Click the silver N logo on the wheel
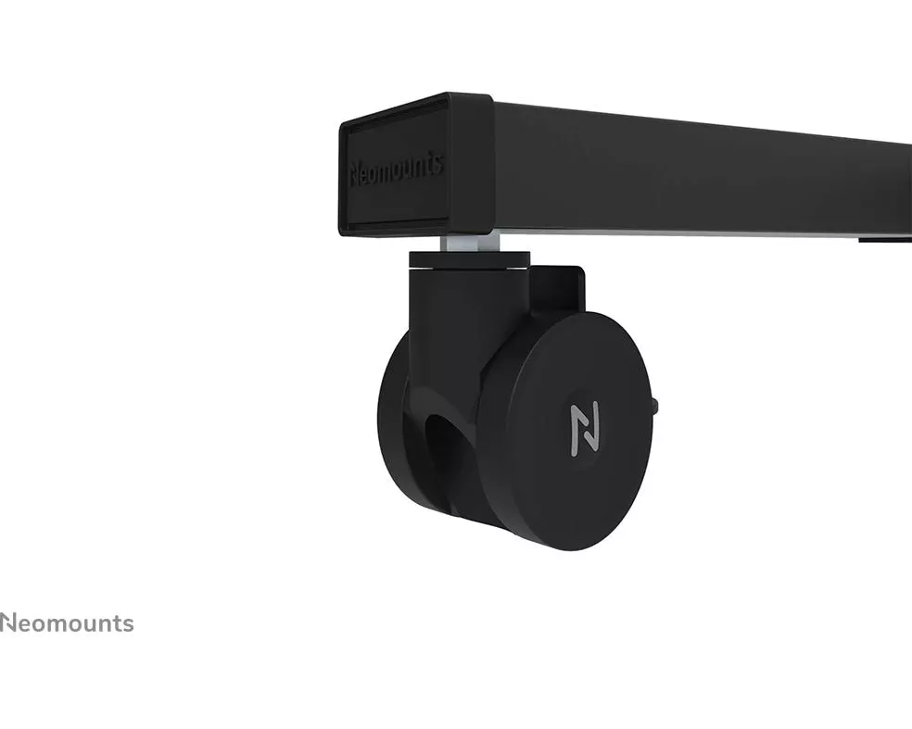584,429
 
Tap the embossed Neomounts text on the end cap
397,170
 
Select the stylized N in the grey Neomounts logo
9,622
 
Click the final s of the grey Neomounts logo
127,625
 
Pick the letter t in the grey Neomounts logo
115,623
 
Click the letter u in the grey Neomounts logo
82,625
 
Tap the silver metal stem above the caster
470,243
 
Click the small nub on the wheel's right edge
655,405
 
